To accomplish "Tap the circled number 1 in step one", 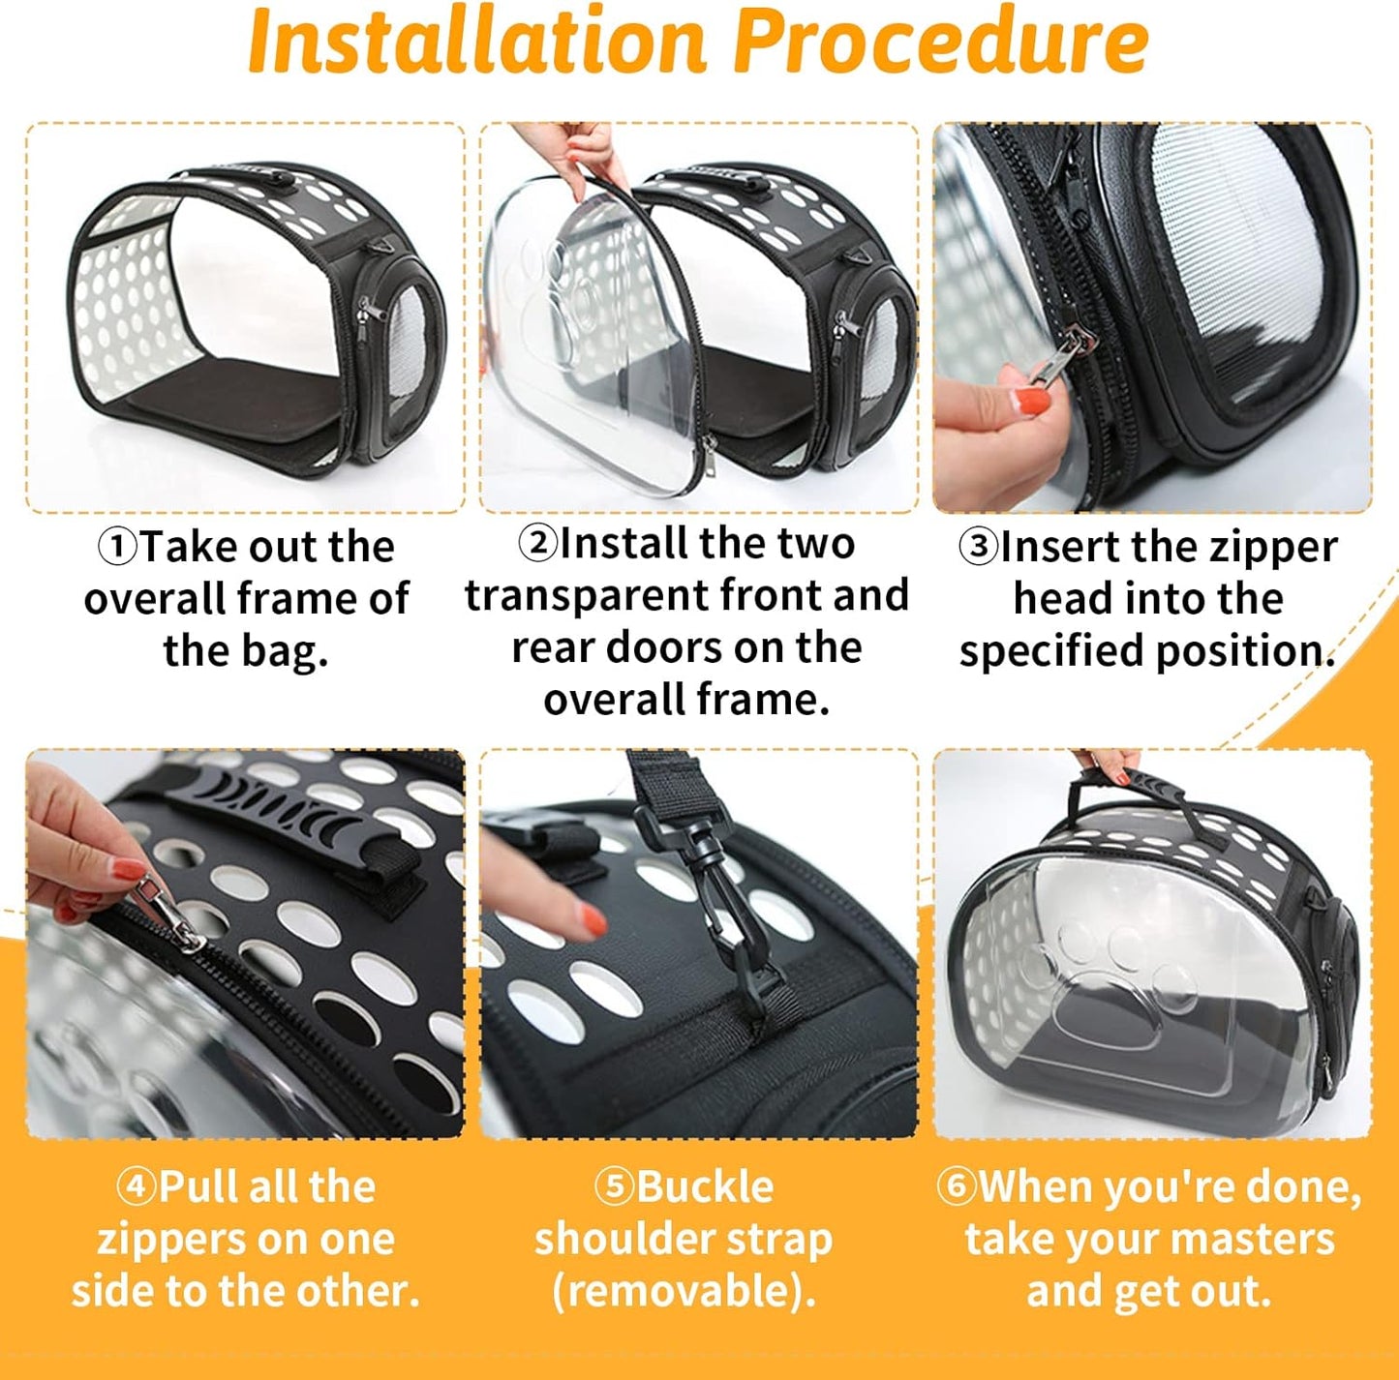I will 117,547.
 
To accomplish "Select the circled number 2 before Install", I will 537,543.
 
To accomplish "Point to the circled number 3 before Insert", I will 978,547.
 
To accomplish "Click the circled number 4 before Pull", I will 136,1186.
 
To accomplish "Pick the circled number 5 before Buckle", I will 614,1186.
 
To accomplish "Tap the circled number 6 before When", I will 957,1186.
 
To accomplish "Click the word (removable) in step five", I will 684,1291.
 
